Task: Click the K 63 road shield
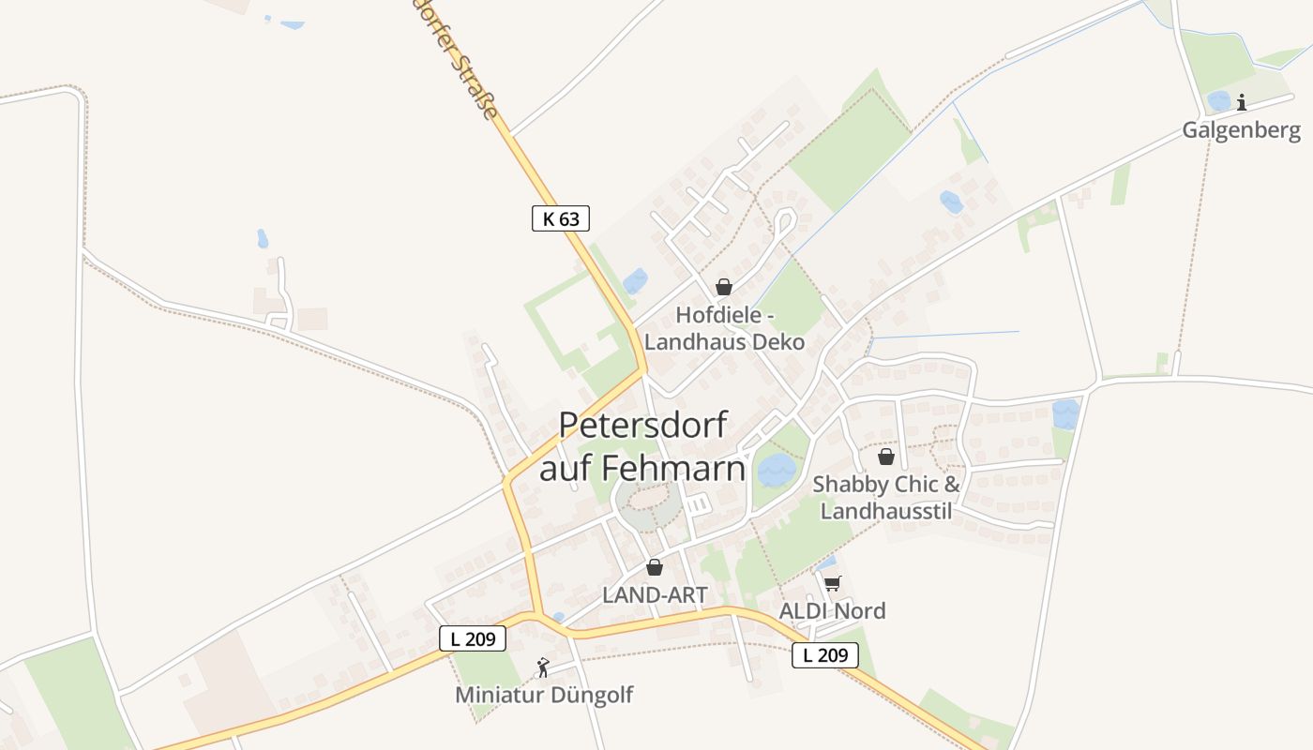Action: point(561,218)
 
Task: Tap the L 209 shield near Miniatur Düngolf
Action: point(473,638)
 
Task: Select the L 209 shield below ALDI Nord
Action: point(825,655)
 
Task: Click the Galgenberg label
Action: point(1241,129)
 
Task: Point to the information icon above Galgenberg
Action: point(1242,102)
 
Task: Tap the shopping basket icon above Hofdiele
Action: point(723,287)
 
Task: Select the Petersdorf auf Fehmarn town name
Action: point(642,445)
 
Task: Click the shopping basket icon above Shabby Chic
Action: point(885,457)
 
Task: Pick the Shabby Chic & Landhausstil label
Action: point(886,497)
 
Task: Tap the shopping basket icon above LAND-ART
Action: point(655,567)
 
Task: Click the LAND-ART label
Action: point(655,594)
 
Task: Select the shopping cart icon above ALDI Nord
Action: point(832,583)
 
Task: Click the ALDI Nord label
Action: point(832,610)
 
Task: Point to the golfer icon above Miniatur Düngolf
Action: point(543,667)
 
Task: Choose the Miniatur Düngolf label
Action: point(544,695)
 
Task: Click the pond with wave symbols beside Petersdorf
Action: point(776,469)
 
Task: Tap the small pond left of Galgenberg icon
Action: point(1217,100)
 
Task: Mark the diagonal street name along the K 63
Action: point(460,56)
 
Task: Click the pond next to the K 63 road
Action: point(636,280)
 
